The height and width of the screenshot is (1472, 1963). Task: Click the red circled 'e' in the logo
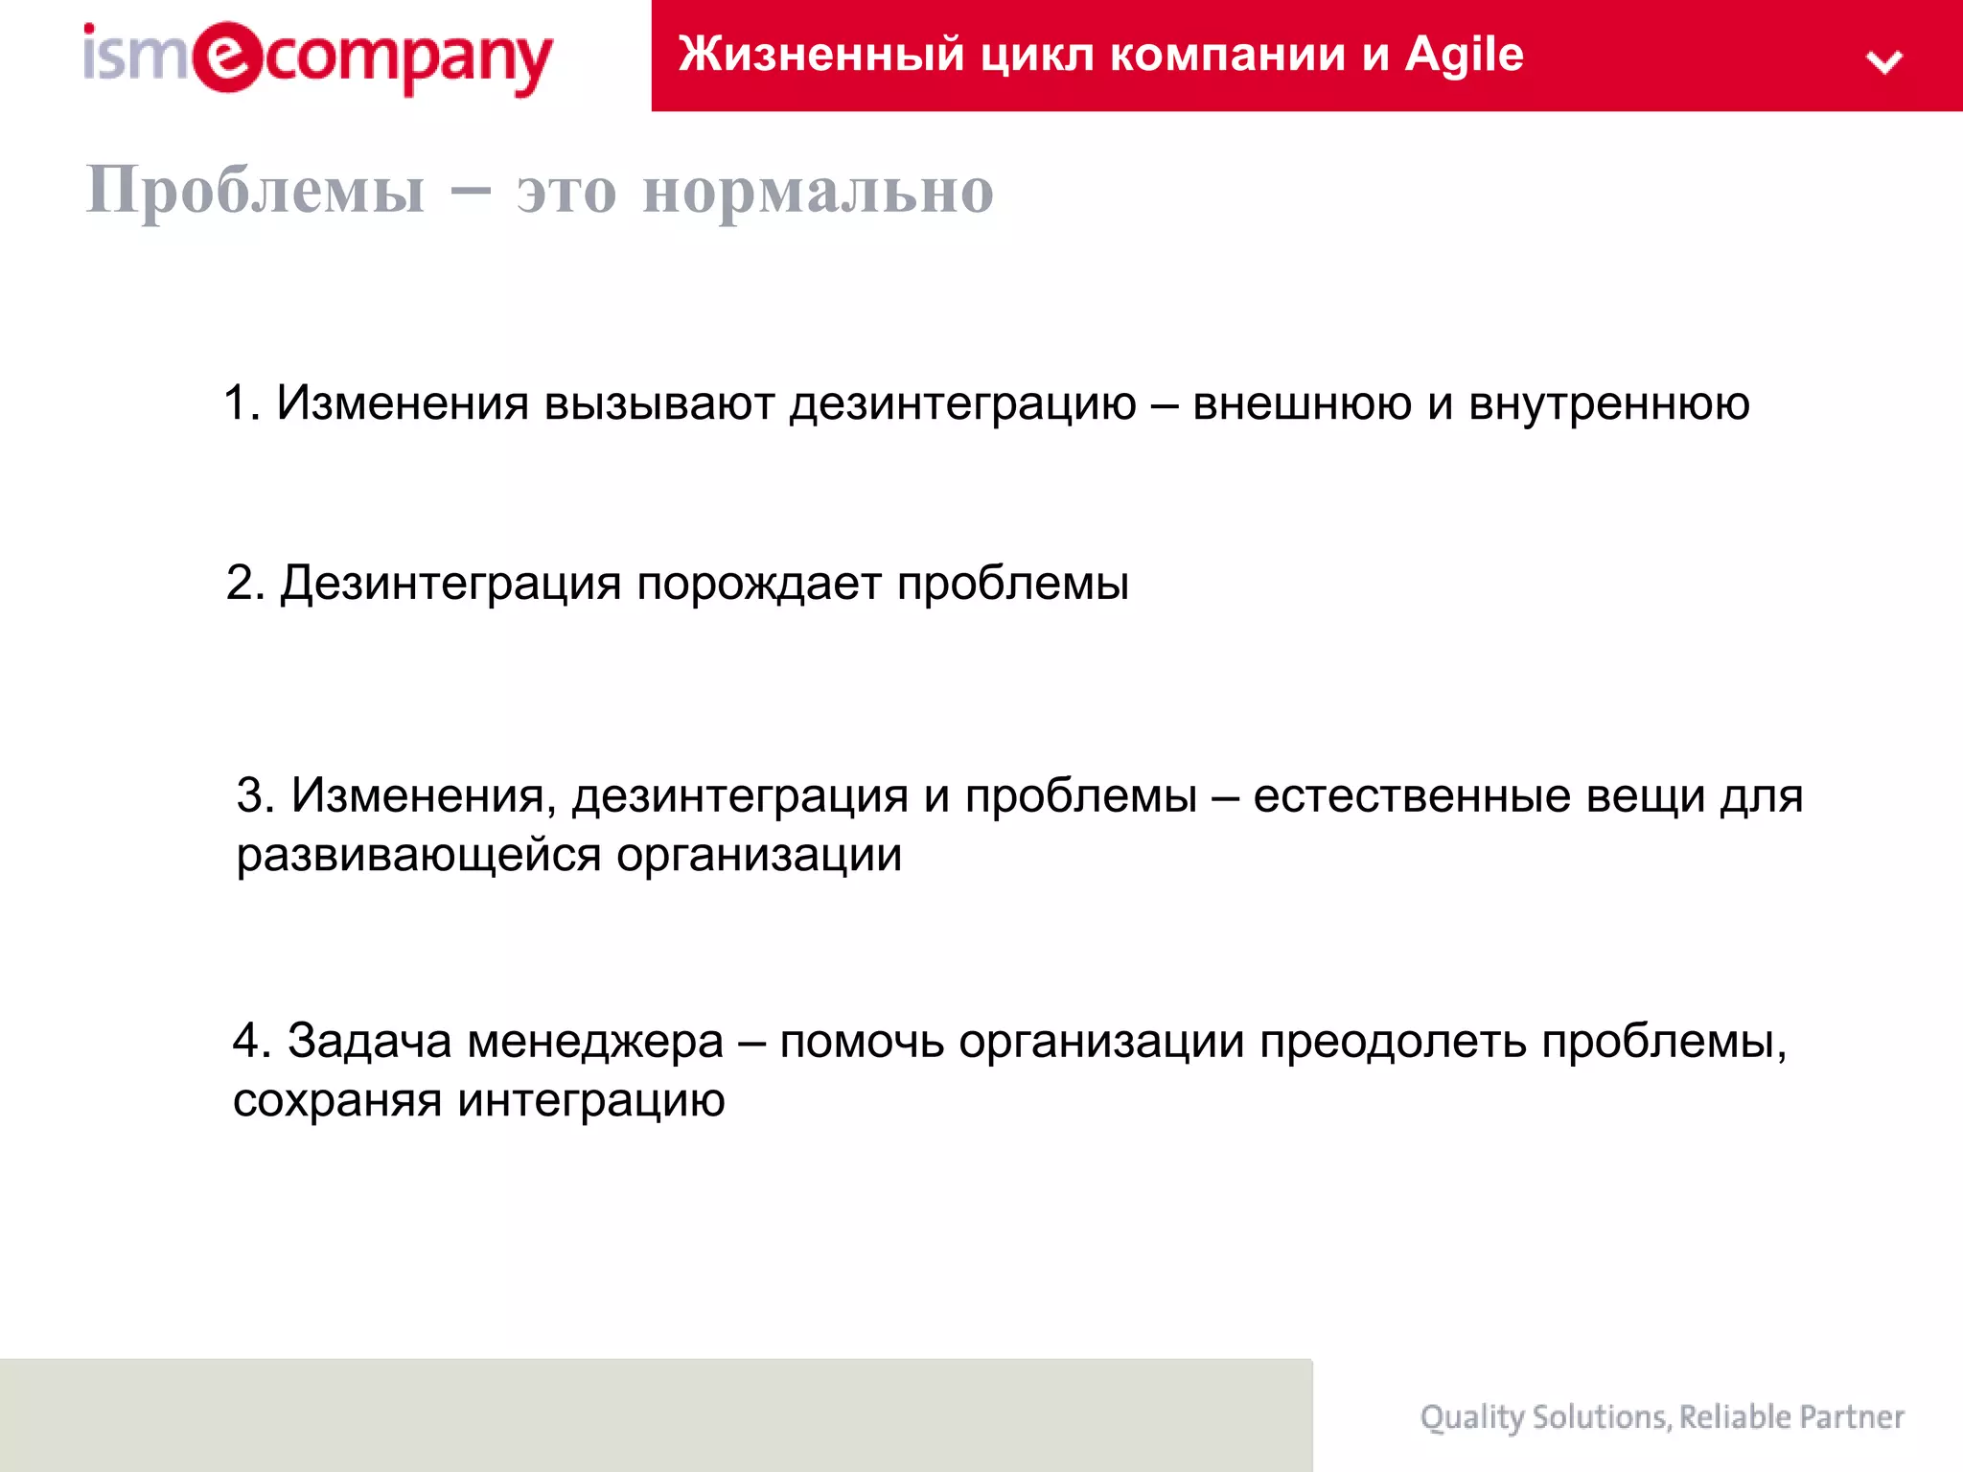coord(227,57)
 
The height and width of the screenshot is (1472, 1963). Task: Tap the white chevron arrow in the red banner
coord(1883,62)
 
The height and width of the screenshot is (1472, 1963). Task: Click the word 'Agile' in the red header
coord(1464,55)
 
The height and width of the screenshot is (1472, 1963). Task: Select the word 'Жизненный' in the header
coord(820,55)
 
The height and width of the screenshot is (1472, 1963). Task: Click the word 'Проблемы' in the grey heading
coord(255,190)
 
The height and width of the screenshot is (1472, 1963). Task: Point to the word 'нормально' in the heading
coord(818,191)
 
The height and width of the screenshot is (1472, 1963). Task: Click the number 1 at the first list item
coord(236,403)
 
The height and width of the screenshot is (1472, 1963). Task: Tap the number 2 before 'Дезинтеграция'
coord(241,583)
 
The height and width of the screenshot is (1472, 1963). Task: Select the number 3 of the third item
coord(251,795)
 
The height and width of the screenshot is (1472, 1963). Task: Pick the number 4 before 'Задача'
coord(247,1041)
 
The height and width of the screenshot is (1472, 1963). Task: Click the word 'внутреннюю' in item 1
coord(1609,403)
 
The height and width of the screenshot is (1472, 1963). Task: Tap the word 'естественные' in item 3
coord(1411,795)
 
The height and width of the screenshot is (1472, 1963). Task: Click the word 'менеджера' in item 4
coord(595,1041)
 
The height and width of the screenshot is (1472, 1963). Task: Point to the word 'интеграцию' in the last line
coord(590,1100)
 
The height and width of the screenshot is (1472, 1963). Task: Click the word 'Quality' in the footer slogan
coord(1471,1417)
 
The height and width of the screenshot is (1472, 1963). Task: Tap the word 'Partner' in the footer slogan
coord(1851,1417)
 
